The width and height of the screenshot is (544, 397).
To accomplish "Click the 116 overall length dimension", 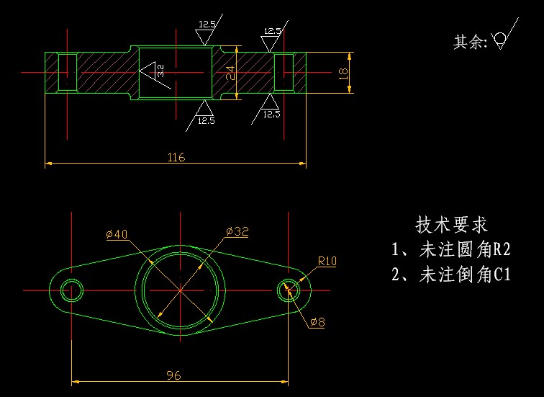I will [176, 157].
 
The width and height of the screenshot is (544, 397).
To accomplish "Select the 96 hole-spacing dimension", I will [173, 375].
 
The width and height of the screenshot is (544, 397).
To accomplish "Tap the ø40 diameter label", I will [117, 234].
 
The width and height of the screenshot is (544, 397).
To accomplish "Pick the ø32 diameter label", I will [237, 231].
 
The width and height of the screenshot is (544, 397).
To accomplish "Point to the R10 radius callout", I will [327, 262].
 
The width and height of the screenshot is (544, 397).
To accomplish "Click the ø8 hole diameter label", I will [317, 322].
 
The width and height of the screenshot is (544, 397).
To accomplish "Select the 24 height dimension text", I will [230, 73].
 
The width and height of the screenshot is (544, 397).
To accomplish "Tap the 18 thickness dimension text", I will [343, 72].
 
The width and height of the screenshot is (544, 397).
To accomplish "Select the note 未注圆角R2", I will [450, 250].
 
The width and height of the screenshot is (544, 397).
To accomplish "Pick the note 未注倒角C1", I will [450, 274].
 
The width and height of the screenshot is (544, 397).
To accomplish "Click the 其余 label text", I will [470, 43].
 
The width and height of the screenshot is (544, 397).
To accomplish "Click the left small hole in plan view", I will [72, 290].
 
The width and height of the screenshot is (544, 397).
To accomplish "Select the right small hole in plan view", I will [287, 290].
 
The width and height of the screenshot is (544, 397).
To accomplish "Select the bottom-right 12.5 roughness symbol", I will [271, 109].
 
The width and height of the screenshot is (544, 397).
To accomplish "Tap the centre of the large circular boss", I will [180, 290].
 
